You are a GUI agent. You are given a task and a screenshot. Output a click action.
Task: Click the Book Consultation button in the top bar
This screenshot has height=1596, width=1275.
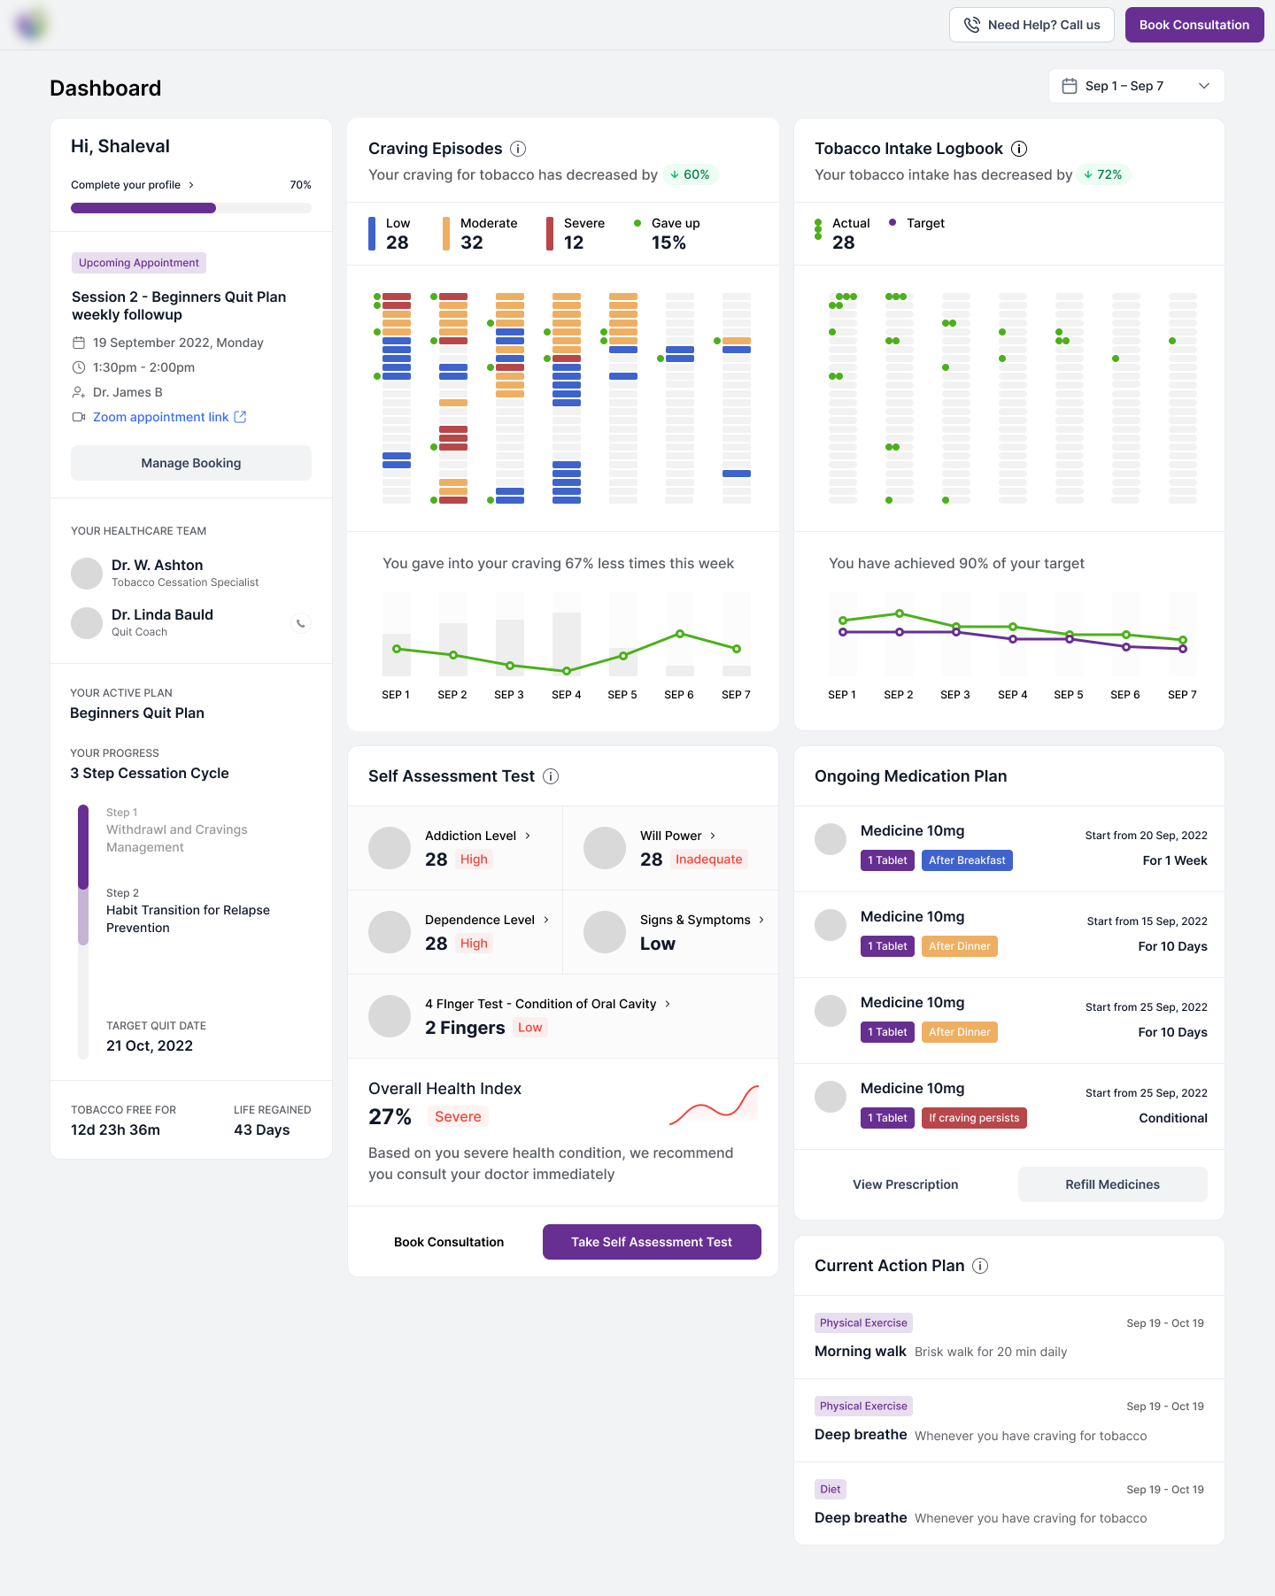point(1194,25)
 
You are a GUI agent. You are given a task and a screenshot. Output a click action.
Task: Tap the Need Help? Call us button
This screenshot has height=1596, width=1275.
point(1032,25)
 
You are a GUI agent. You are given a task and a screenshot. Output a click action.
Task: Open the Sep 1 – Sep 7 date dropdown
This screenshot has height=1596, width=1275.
point(1136,86)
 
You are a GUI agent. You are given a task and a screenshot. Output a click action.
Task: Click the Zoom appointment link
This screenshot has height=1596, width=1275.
point(161,417)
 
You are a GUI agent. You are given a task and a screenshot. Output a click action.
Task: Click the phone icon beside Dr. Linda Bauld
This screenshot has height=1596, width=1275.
point(301,623)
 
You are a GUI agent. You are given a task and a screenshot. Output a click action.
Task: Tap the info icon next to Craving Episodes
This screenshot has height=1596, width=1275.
point(519,149)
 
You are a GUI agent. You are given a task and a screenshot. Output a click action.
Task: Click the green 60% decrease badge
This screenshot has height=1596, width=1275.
point(690,174)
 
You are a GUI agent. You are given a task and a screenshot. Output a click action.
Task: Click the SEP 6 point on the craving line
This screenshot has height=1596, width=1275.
point(680,634)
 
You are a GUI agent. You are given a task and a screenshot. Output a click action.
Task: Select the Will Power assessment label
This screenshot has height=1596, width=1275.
point(671,836)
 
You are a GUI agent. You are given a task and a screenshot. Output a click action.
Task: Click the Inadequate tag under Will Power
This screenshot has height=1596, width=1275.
point(708,859)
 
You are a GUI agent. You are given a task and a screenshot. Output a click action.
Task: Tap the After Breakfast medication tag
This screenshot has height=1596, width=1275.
point(967,860)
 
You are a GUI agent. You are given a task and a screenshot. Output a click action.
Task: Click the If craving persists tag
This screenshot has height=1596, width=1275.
point(974,1118)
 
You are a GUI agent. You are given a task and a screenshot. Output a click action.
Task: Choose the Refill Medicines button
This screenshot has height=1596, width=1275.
point(1112,1184)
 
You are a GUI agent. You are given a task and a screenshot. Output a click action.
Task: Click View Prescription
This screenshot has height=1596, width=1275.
point(905,1184)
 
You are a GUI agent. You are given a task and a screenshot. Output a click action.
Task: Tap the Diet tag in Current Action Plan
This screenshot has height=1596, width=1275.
point(830,1489)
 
